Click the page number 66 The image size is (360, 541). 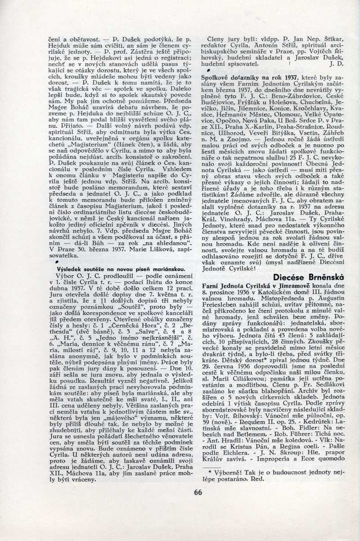[x=198, y=492]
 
